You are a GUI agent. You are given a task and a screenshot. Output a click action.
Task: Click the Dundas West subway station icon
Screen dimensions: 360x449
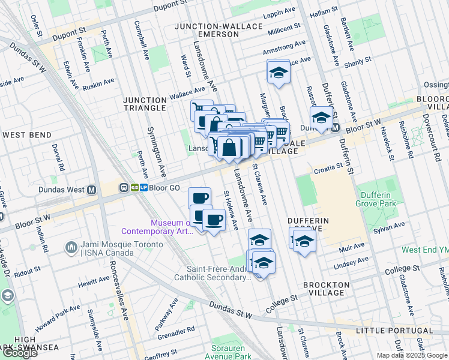coord(92,190)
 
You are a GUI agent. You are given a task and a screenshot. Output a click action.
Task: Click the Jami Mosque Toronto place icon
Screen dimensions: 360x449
coord(71,247)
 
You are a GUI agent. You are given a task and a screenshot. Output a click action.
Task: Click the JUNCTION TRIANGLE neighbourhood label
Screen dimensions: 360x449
coord(144,104)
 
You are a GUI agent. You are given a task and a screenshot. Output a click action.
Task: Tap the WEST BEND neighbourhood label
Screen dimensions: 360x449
coord(26,135)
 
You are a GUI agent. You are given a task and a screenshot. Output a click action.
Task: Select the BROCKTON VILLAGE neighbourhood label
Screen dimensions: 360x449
coord(327,289)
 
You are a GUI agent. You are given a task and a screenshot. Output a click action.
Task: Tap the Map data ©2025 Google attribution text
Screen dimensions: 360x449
coord(412,355)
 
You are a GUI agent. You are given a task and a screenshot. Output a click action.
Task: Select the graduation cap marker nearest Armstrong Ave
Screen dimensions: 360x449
coord(277,73)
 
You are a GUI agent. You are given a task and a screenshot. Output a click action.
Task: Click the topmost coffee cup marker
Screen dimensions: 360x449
coord(199,197)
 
